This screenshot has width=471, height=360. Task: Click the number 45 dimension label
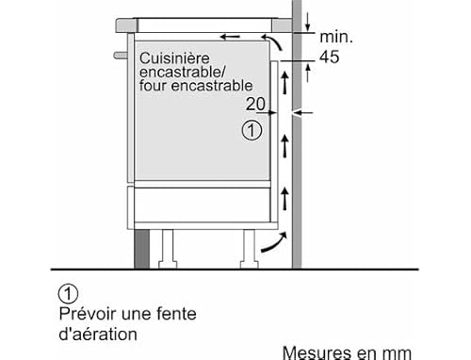click(330, 57)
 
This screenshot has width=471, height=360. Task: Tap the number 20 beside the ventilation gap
click(253, 103)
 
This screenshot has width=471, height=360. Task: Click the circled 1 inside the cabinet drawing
click(251, 132)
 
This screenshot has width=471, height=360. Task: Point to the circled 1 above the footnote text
click(66, 292)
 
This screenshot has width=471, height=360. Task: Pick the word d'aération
click(98, 334)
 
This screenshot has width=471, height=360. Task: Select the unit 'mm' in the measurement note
click(398, 353)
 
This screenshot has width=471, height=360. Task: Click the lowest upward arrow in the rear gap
click(283, 198)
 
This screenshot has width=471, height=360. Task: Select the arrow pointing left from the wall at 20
click(300, 114)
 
